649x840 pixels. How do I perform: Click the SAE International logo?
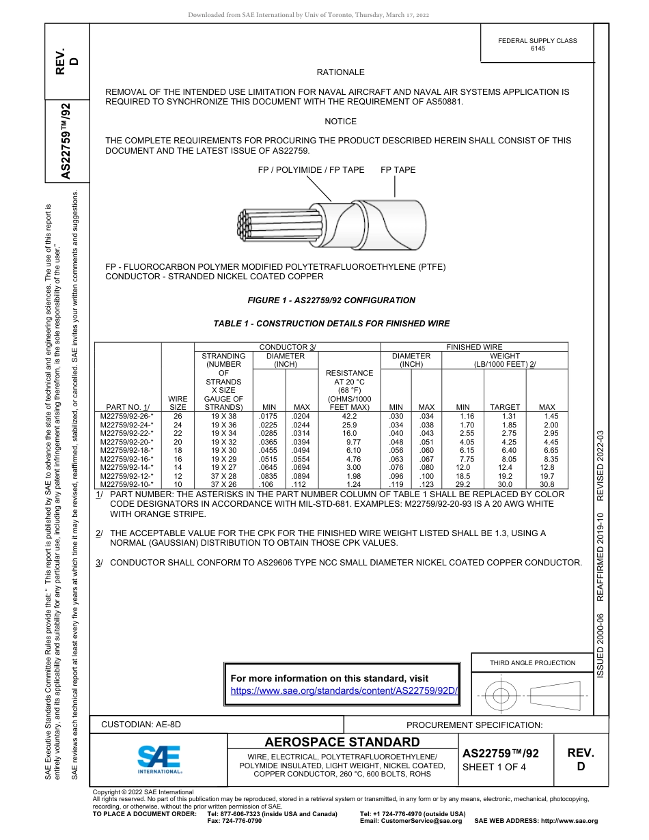pyautogui.click(x=159, y=759)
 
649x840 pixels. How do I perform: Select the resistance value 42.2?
pyautogui.click(x=350, y=415)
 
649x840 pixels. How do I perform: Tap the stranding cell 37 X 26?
pyautogui.click(x=223, y=484)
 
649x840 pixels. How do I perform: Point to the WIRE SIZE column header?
pyautogui.click(x=178, y=402)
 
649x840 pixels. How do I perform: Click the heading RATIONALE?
pyautogui.click(x=340, y=72)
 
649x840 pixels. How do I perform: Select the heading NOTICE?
pyautogui.click(x=340, y=122)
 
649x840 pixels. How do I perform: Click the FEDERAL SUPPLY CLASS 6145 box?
pyautogui.click(x=537, y=44)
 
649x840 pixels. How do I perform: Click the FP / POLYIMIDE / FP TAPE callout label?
pyautogui.click(x=311, y=170)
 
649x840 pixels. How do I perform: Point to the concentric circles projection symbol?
pyautogui.click(x=501, y=696)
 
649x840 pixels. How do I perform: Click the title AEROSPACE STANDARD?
pyautogui.click(x=342, y=742)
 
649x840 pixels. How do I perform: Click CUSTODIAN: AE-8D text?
pyautogui.click(x=141, y=725)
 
